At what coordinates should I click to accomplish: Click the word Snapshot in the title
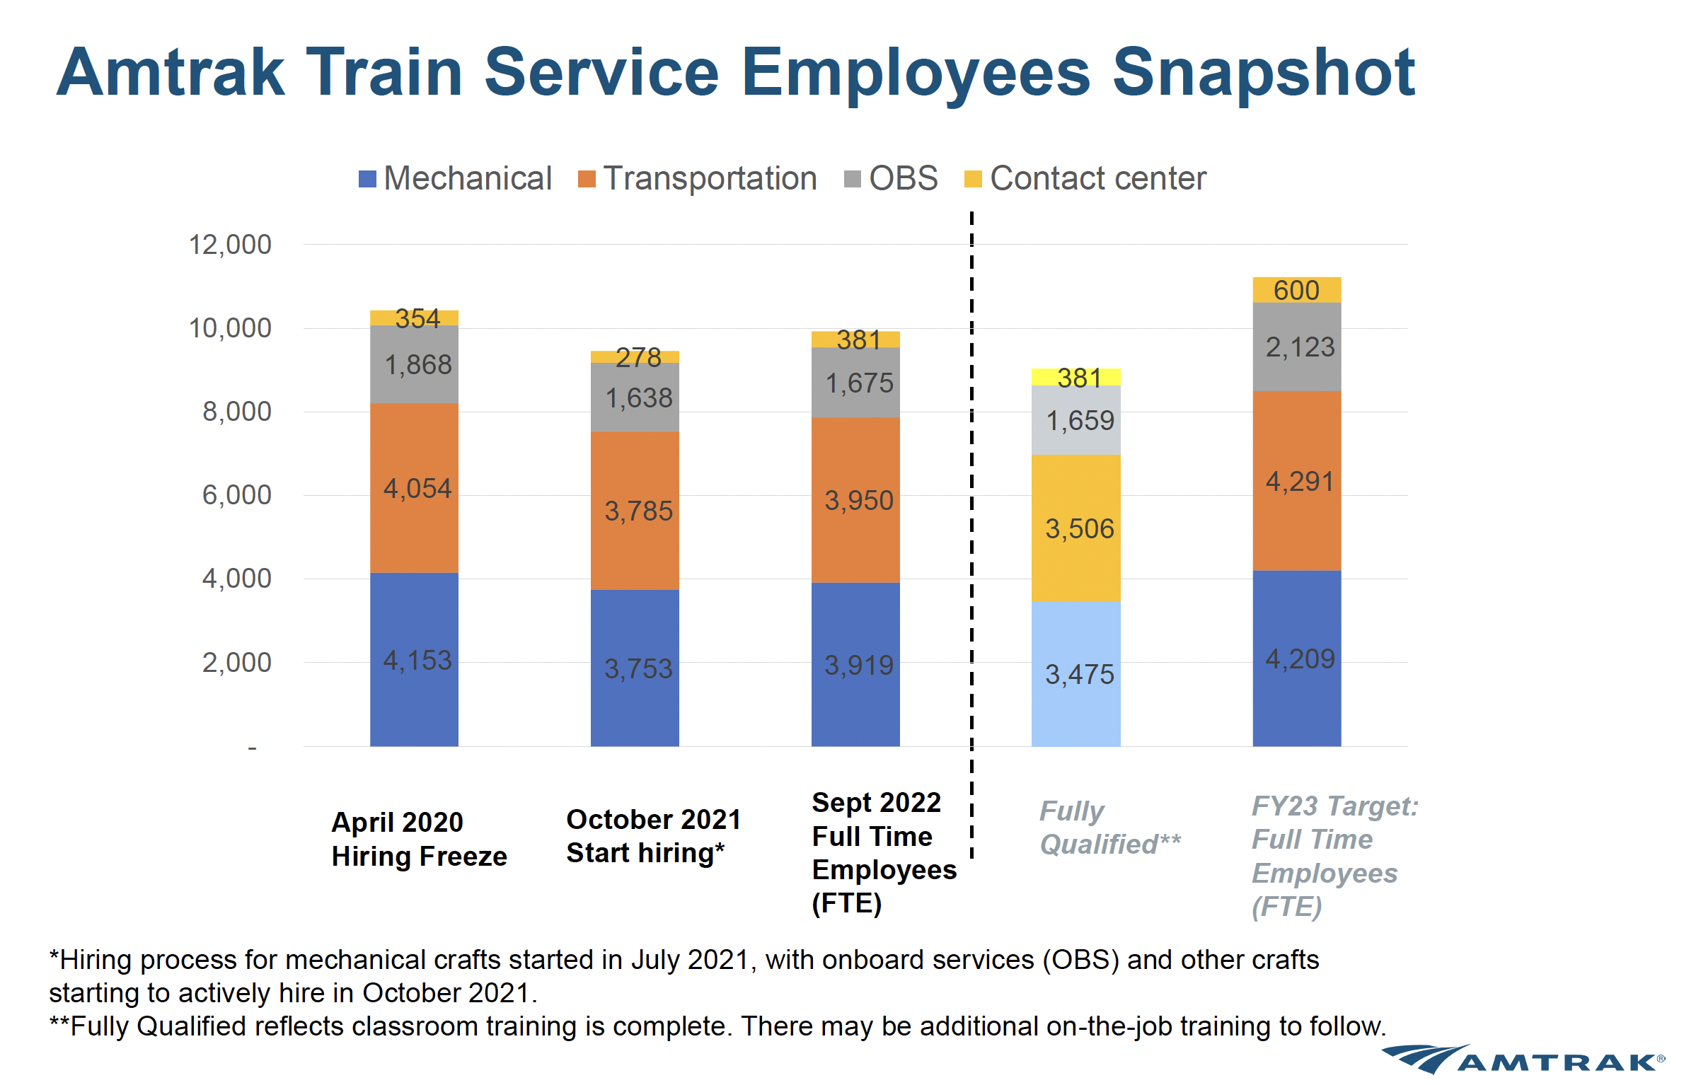(x=1263, y=72)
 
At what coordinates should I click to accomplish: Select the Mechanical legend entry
(x=456, y=178)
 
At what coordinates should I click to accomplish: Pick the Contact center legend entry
(x=1085, y=178)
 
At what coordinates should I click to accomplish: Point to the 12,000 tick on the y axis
(x=230, y=245)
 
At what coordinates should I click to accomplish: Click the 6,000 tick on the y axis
(x=236, y=495)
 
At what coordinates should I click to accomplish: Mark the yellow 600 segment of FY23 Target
(x=1296, y=290)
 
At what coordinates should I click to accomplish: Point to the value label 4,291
(x=1300, y=482)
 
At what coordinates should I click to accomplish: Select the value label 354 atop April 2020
(x=417, y=318)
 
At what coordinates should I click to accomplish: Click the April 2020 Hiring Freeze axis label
(x=419, y=839)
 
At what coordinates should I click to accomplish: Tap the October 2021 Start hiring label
(x=653, y=836)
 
